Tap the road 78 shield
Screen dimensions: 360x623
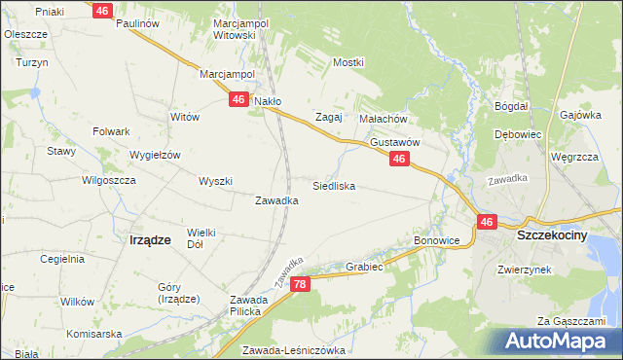(x=300, y=283)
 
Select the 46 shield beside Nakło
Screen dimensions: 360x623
(x=238, y=99)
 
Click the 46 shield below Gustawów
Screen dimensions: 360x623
(x=398, y=158)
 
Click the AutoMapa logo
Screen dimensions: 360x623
(x=555, y=341)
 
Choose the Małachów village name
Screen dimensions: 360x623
(x=382, y=118)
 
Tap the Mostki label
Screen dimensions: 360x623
(x=348, y=62)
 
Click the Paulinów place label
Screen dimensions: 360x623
(x=136, y=23)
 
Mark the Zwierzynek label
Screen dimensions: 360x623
(x=524, y=270)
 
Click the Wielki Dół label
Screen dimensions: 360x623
(x=201, y=238)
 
